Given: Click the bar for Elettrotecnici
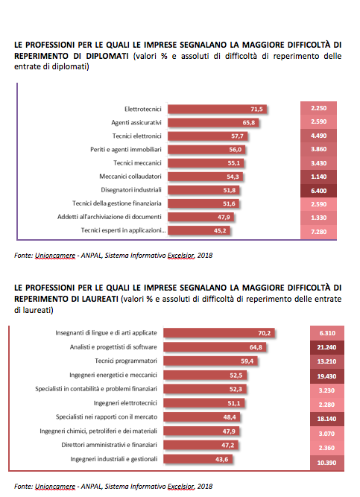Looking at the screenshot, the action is [218, 109].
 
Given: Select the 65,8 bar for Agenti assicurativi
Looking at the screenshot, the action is [213, 123].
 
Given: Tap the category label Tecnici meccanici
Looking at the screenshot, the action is [137, 163].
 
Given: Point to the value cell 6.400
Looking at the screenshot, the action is [318, 191].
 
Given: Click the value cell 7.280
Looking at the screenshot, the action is [318, 232].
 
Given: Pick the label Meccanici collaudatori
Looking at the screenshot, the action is [130, 177].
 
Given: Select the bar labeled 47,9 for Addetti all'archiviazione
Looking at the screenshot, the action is [200, 217].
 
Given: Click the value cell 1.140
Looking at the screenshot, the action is [318, 177].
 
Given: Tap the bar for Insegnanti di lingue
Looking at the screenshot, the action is [219, 333].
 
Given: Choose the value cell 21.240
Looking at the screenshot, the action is [326, 347].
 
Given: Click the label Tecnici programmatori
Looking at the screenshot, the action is [126, 361].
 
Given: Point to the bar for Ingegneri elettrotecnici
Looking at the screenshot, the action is [204, 403].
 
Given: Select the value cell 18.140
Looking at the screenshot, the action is [326, 419].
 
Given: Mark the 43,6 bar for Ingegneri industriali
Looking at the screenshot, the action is [198, 459].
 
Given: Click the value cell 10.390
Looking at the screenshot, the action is [326, 463].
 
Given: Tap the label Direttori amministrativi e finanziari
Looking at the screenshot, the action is [109, 445].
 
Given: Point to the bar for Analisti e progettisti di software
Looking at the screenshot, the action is [215, 347].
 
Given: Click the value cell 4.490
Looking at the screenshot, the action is [318, 136].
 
